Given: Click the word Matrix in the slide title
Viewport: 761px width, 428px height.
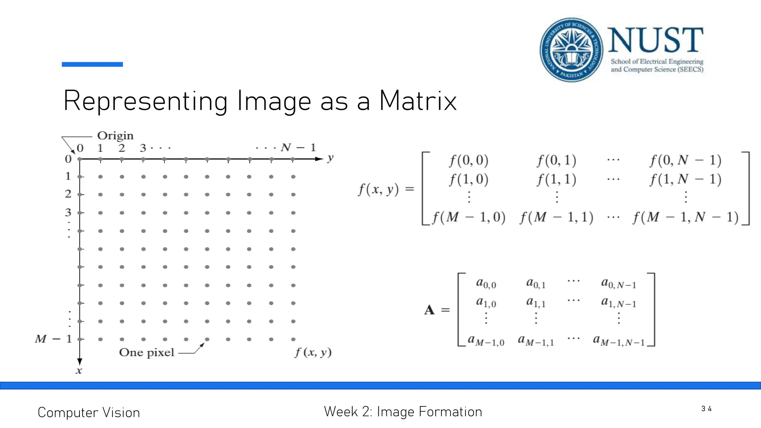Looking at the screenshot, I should pos(418,101).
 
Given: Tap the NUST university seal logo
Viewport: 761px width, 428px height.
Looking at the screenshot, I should pos(571,50).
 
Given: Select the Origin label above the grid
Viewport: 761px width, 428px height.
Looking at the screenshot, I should pos(115,136).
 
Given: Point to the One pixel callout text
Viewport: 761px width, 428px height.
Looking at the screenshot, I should pos(146,352).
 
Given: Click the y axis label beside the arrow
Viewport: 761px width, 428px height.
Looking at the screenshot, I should pos(330,158).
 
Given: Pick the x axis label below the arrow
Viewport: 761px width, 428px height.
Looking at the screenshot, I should pos(79,370).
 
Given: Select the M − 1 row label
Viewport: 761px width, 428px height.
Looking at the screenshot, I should pos(53,339).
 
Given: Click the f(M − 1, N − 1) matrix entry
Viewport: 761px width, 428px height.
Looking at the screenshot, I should pos(686,217).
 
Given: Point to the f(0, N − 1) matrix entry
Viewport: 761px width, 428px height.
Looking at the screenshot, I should pos(686,160).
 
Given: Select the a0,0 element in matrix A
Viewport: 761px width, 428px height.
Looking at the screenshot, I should pos(486,283).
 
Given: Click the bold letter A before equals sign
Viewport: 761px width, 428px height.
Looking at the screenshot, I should pos(429,310).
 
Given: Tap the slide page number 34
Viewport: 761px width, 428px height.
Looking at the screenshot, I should pos(706,409).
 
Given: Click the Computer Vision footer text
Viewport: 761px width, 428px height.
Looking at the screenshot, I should pos(89,412).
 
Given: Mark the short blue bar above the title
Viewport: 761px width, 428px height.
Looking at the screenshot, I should pos(92,64).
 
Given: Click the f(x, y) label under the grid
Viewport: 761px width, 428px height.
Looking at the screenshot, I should pos(313,352).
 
